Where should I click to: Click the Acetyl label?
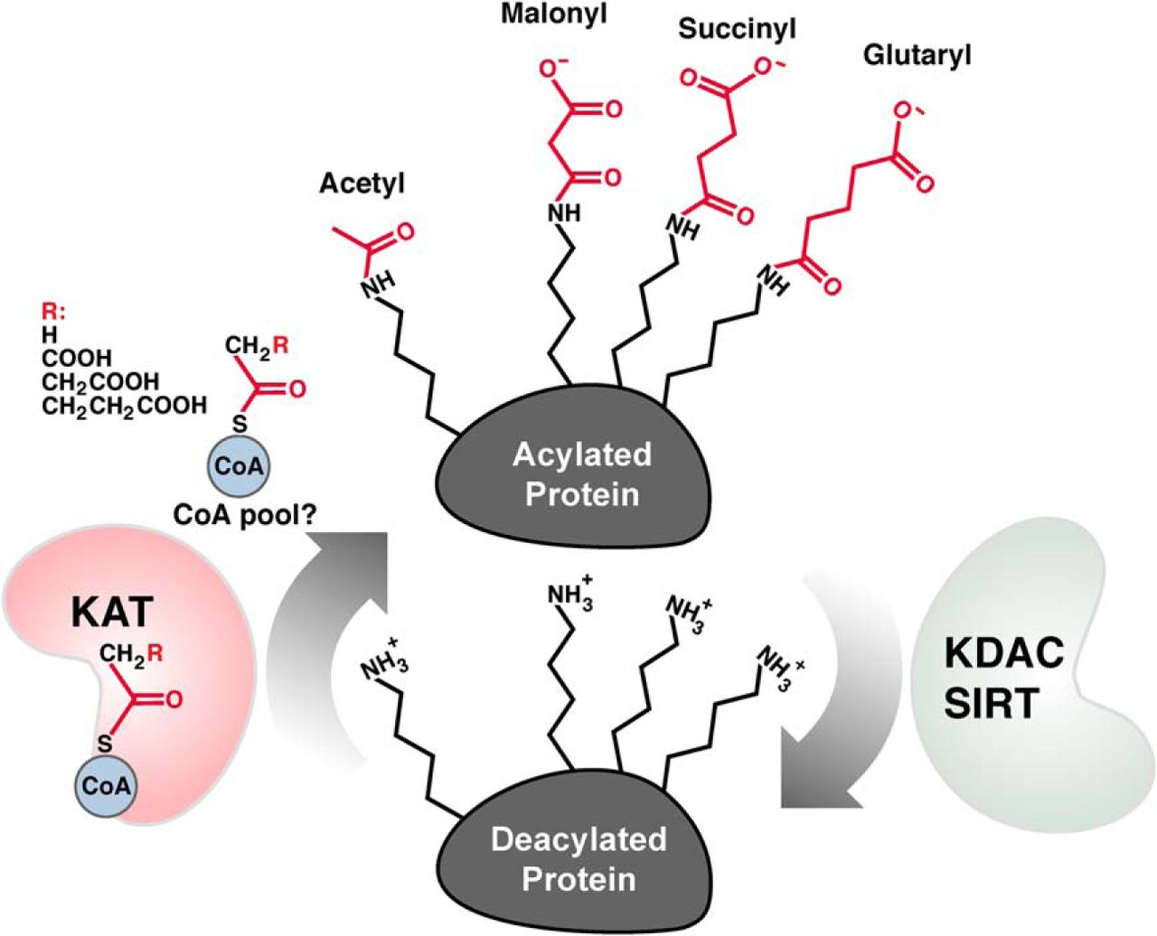362,183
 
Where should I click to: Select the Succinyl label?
737,30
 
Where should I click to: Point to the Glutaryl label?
917,56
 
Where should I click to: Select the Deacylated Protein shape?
578,858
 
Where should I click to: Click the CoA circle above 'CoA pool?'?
240,466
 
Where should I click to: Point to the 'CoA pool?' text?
238,513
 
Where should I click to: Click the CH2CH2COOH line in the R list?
124,406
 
